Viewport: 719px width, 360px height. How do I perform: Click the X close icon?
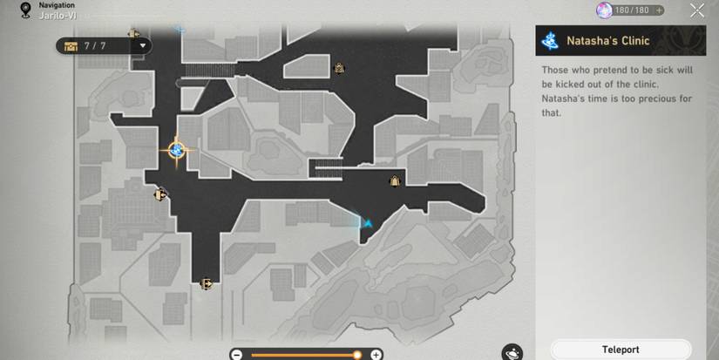click(x=697, y=10)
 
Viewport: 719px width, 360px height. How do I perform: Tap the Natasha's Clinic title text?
click(x=607, y=40)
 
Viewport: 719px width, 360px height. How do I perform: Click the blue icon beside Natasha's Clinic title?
click(x=551, y=40)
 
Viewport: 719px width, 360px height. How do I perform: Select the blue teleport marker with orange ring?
click(x=176, y=151)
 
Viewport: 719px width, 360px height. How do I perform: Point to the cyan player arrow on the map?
click(x=368, y=223)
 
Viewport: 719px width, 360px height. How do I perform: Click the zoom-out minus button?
click(x=236, y=355)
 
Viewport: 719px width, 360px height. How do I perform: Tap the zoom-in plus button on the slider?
click(x=376, y=355)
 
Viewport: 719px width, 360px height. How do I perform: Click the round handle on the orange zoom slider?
click(x=356, y=355)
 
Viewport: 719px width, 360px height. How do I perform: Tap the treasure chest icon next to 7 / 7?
click(x=70, y=45)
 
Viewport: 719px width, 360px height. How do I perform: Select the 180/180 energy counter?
click(x=632, y=10)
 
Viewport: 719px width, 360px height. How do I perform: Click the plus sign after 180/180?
click(x=660, y=10)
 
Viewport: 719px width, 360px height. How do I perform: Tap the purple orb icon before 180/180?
click(x=603, y=10)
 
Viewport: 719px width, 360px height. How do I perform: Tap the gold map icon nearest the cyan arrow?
click(x=395, y=181)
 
